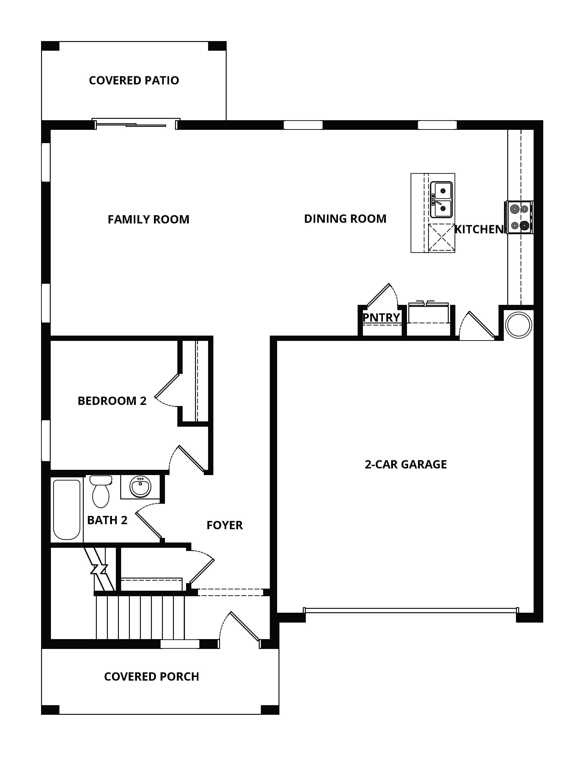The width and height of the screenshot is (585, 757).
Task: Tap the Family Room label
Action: coord(148,219)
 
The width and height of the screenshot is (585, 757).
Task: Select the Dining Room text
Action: coord(345,219)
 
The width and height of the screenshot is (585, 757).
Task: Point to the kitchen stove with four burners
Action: coord(519,217)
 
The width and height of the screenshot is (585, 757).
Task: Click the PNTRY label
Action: coord(381,317)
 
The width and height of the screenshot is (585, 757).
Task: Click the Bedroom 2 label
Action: coord(112,401)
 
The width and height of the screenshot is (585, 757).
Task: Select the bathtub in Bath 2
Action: coord(67,509)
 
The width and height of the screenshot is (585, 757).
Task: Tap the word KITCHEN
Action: coord(479,229)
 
